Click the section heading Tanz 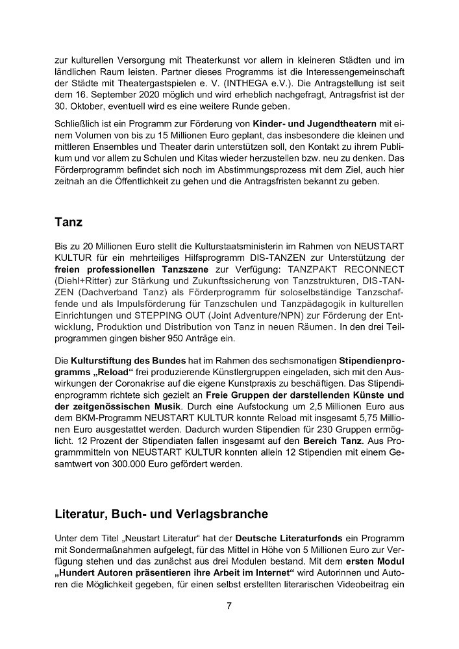point(69,222)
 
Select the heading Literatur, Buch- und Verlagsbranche point(161,514)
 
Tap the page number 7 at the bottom point(229,606)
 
